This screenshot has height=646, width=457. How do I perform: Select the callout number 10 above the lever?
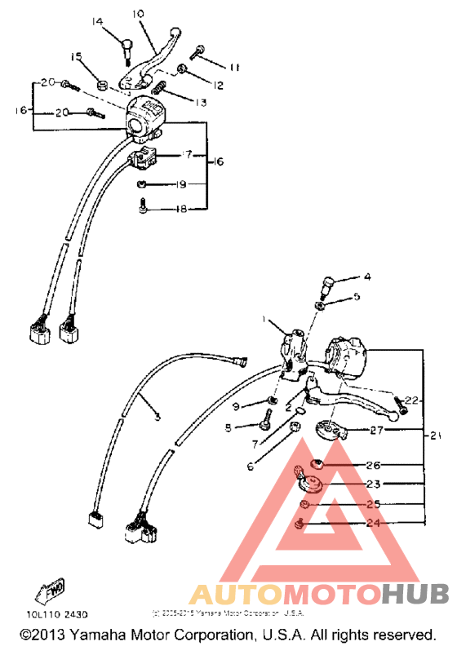coord(136,14)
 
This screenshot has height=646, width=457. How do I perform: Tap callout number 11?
coord(234,67)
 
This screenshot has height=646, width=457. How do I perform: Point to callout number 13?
coord(200,103)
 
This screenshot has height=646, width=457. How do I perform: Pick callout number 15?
coord(77,56)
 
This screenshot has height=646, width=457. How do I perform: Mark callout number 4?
coord(366,277)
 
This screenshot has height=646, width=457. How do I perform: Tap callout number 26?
coord(373,466)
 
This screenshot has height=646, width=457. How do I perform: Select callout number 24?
coord(373,524)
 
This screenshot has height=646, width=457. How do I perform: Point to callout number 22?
coord(410,400)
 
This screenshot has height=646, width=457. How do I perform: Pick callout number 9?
coord(236,406)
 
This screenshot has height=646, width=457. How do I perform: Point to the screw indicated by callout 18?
coord(143,207)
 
